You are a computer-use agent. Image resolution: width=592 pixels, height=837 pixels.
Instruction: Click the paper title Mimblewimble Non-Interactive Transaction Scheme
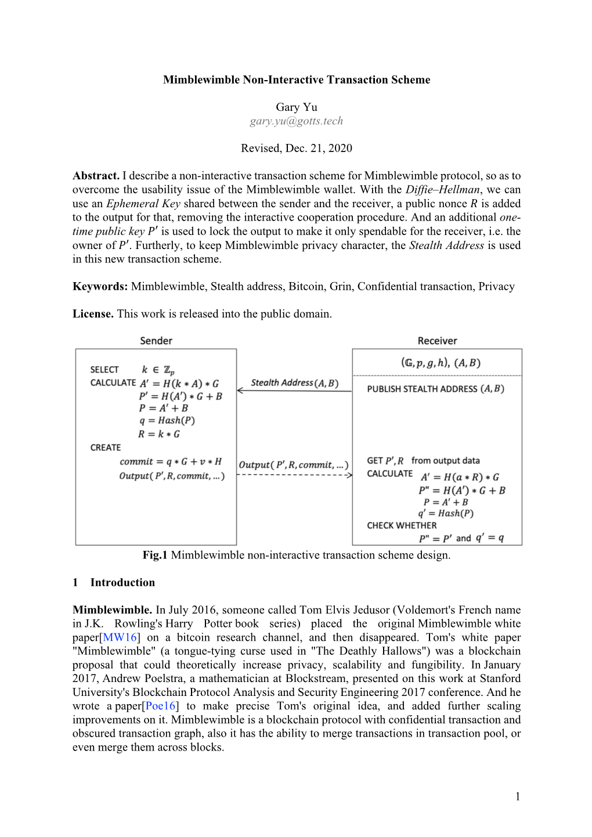tap(296, 80)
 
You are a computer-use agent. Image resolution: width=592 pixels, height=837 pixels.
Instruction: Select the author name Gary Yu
tap(296, 107)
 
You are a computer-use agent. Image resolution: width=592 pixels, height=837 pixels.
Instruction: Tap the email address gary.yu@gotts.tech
tap(296, 121)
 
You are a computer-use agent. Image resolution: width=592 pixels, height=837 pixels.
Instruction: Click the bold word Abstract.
tap(96, 176)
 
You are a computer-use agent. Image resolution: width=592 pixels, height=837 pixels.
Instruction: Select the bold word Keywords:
tap(100, 287)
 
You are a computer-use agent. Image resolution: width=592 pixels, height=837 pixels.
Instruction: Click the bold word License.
tap(93, 314)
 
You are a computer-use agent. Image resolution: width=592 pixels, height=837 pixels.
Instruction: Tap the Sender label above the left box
tap(156, 341)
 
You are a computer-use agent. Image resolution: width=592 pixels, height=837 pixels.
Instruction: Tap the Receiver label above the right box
tap(437, 341)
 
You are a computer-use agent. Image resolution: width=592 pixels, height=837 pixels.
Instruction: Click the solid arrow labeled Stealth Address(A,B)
tap(294, 391)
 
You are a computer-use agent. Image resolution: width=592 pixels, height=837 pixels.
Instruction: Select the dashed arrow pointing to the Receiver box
tap(294, 475)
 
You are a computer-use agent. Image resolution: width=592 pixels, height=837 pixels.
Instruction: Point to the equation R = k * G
tap(159, 434)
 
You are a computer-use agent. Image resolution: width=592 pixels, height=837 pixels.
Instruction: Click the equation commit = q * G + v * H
tap(171, 462)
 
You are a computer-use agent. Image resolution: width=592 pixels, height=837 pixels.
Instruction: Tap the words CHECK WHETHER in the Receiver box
tap(402, 526)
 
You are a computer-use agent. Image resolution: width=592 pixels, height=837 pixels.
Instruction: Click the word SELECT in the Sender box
tap(104, 370)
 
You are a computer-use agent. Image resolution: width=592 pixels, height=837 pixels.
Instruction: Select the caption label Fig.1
tap(155, 555)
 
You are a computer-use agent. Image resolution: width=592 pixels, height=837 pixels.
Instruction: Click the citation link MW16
tap(120, 638)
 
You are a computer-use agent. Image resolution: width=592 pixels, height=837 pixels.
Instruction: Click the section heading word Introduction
tap(122, 583)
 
